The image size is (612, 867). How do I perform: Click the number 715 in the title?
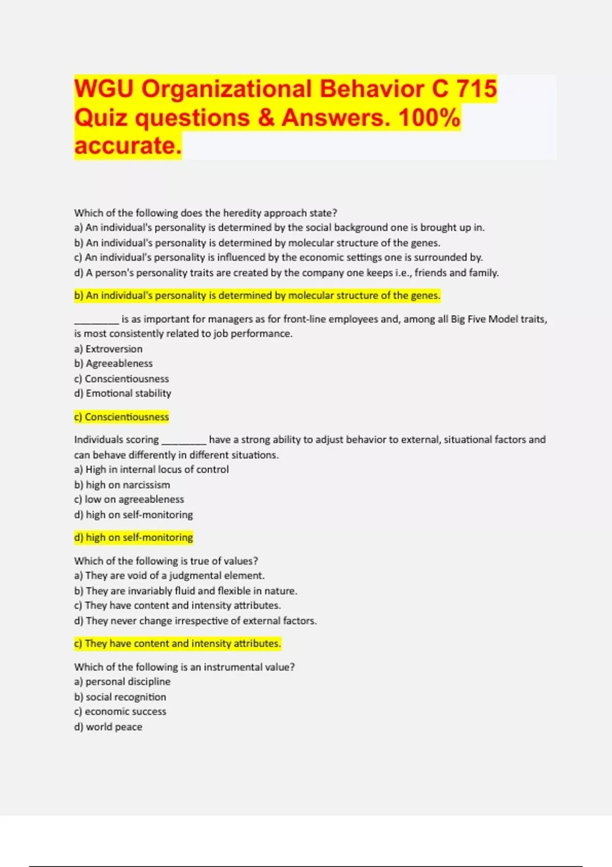476,89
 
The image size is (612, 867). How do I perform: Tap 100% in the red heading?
429,118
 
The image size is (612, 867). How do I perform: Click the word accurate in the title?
127,146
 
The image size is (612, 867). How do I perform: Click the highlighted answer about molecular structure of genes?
257,296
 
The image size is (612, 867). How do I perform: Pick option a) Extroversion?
108,349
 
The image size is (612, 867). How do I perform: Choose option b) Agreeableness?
113,364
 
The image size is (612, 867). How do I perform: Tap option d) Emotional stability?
122,394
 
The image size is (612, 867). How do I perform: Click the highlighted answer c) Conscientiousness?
121,417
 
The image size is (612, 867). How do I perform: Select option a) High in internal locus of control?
151,470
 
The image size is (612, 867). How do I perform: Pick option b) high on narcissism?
122,485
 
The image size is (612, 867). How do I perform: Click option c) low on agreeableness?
129,500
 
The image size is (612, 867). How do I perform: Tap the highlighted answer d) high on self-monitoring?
133,538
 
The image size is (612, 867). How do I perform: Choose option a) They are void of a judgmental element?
169,576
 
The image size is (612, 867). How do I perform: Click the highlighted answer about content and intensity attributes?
177,644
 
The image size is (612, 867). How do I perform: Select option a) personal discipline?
122,682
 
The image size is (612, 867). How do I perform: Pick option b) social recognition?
120,697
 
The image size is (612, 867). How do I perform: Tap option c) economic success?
120,712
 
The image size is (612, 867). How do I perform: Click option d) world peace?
108,727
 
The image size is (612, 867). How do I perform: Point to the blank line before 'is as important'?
96,321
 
